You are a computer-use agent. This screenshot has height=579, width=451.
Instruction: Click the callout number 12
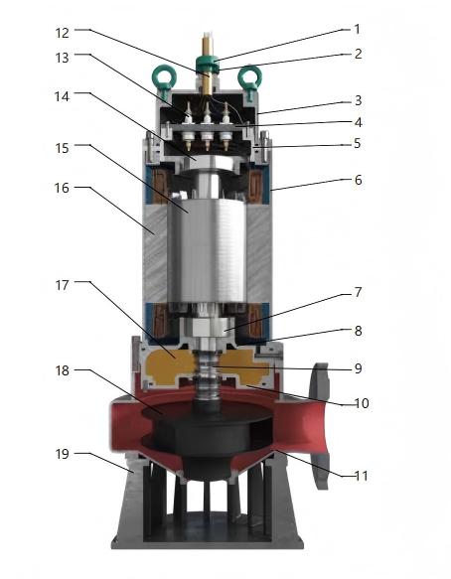coord(62,33)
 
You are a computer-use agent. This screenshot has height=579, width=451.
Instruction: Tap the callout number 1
coord(357,29)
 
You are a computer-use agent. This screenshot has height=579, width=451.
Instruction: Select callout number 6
coord(358,180)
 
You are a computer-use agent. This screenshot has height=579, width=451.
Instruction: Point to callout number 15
coord(62,148)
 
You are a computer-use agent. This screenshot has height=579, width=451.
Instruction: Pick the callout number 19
coord(62,454)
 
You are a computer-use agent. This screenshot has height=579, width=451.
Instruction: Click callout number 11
coord(362,476)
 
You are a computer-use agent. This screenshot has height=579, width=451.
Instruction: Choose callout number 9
coord(358,368)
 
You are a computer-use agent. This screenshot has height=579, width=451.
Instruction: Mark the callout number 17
coord(62,285)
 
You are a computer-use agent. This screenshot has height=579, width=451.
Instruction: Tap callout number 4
coord(358,122)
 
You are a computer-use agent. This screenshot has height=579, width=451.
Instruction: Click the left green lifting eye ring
coord(164,76)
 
